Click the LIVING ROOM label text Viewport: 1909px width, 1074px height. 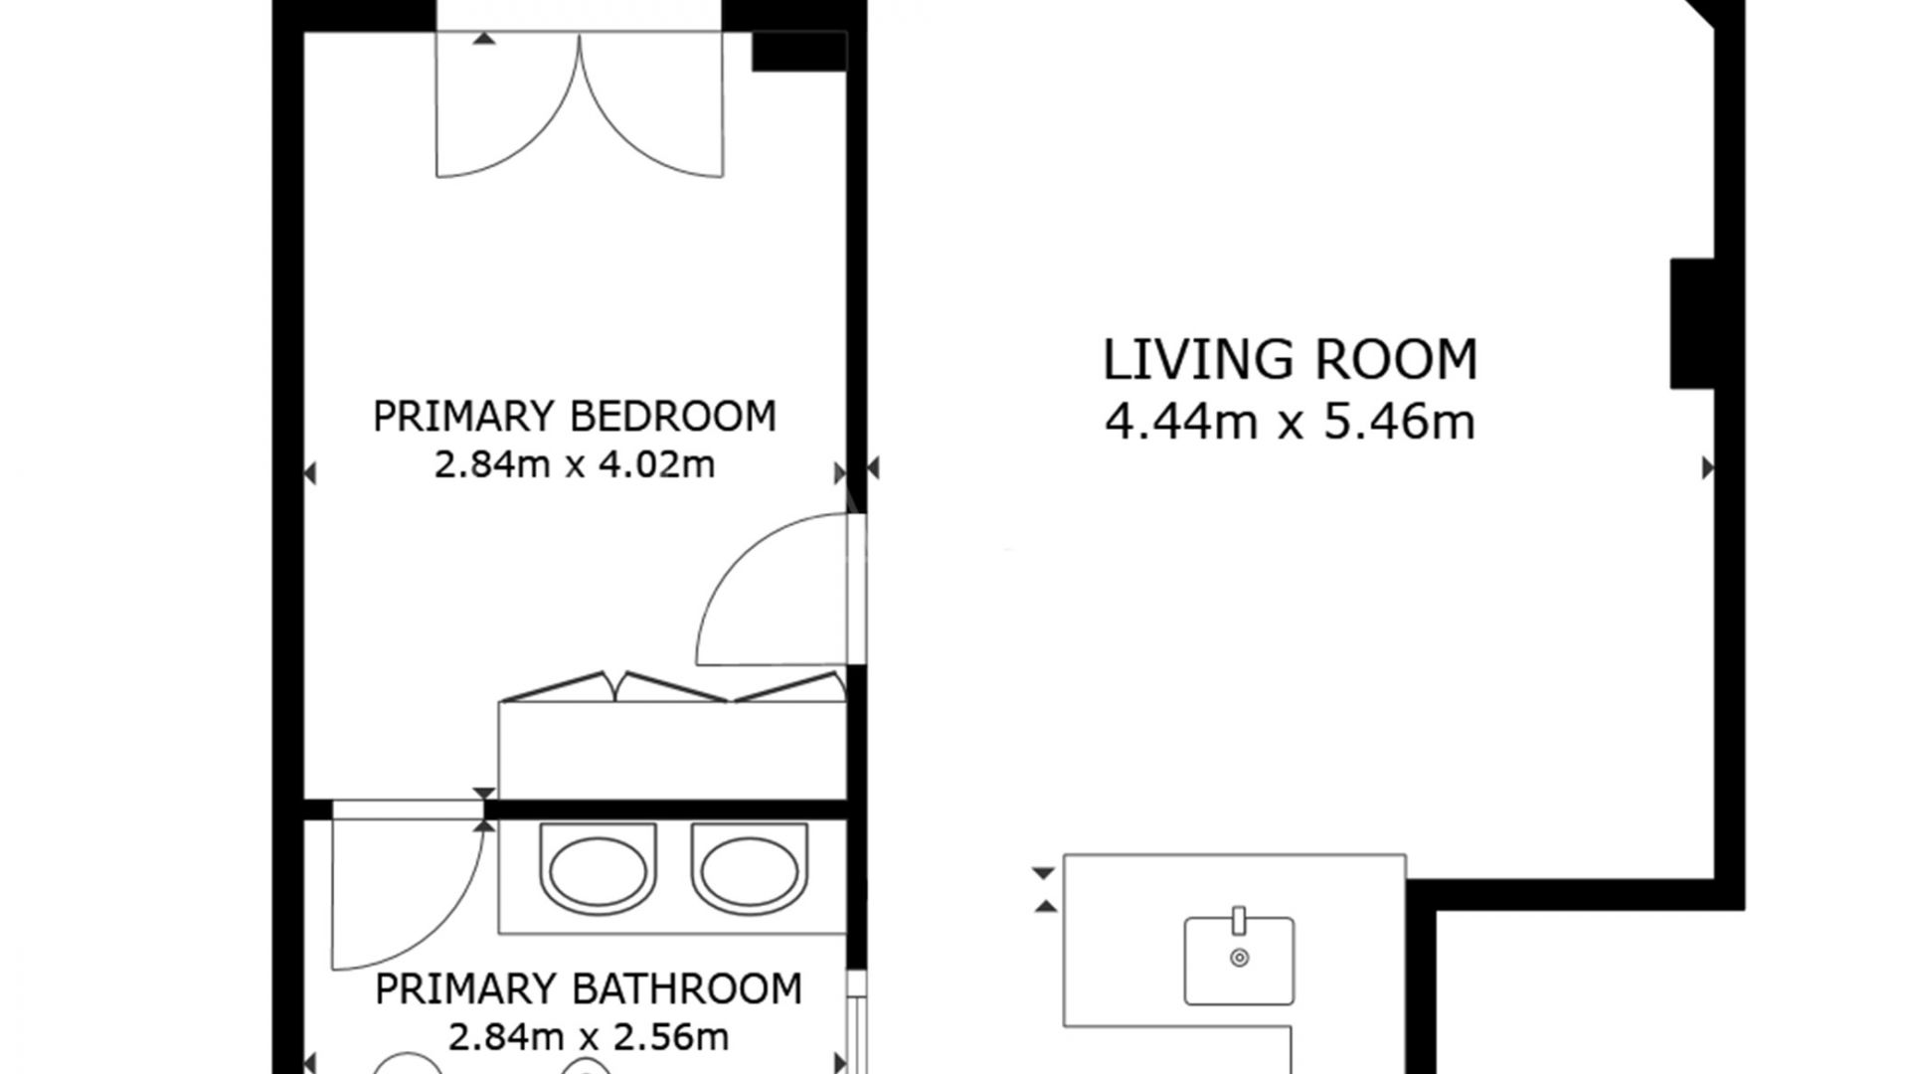click(1290, 360)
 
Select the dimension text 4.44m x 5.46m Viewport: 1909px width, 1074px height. click(1290, 423)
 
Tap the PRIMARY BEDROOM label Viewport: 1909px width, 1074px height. click(574, 416)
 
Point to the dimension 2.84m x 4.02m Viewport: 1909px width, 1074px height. click(574, 464)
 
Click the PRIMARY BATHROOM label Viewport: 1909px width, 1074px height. click(588, 989)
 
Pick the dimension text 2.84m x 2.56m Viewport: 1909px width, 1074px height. click(588, 1037)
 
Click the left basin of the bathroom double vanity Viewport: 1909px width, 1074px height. click(599, 869)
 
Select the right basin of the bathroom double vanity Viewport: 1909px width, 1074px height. click(750, 869)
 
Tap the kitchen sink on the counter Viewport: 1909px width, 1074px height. click(1239, 961)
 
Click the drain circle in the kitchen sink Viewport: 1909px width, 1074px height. click(1239, 958)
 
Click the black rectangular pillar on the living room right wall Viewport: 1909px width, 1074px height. click(1692, 323)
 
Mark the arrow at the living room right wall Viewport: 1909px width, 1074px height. click(1707, 467)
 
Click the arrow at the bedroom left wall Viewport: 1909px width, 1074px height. click(310, 473)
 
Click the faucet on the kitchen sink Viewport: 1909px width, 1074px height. click(1239, 920)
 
